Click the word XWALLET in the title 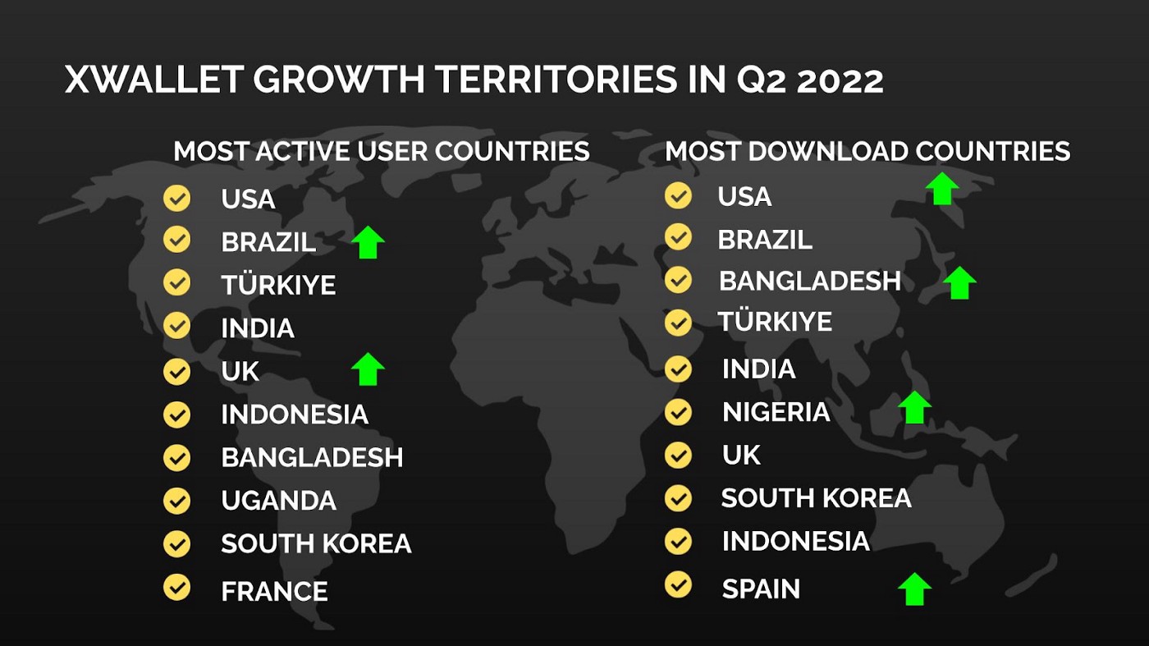pyautogui.click(x=153, y=80)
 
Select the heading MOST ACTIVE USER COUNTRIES pyautogui.click(x=382, y=151)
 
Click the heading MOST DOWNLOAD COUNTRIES pyautogui.click(x=867, y=151)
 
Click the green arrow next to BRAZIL pyautogui.click(x=368, y=243)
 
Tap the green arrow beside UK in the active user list pyautogui.click(x=368, y=369)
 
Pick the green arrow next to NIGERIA pyautogui.click(x=914, y=407)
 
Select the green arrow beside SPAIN pyautogui.click(x=914, y=589)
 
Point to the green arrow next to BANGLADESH pyautogui.click(x=959, y=283)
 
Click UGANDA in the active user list pyautogui.click(x=278, y=501)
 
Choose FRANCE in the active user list pyautogui.click(x=274, y=591)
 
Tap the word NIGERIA pyautogui.click(x=776, y=412)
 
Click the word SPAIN pyautogui.click(x=761, y=589)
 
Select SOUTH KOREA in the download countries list pyautogui.click(x=816, y=498)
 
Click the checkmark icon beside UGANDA pyautogui.click(x=176, y=500)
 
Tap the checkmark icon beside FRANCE pyautogui.click(x=176, y=587)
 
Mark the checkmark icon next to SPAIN pyautogui.click(x=678, y=584)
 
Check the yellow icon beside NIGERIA pyautogui.click(x=678, y=411)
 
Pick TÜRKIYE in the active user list pyautogui.click(x=278, y=286)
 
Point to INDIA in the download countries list pyautogui.click(x=758, y=369)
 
